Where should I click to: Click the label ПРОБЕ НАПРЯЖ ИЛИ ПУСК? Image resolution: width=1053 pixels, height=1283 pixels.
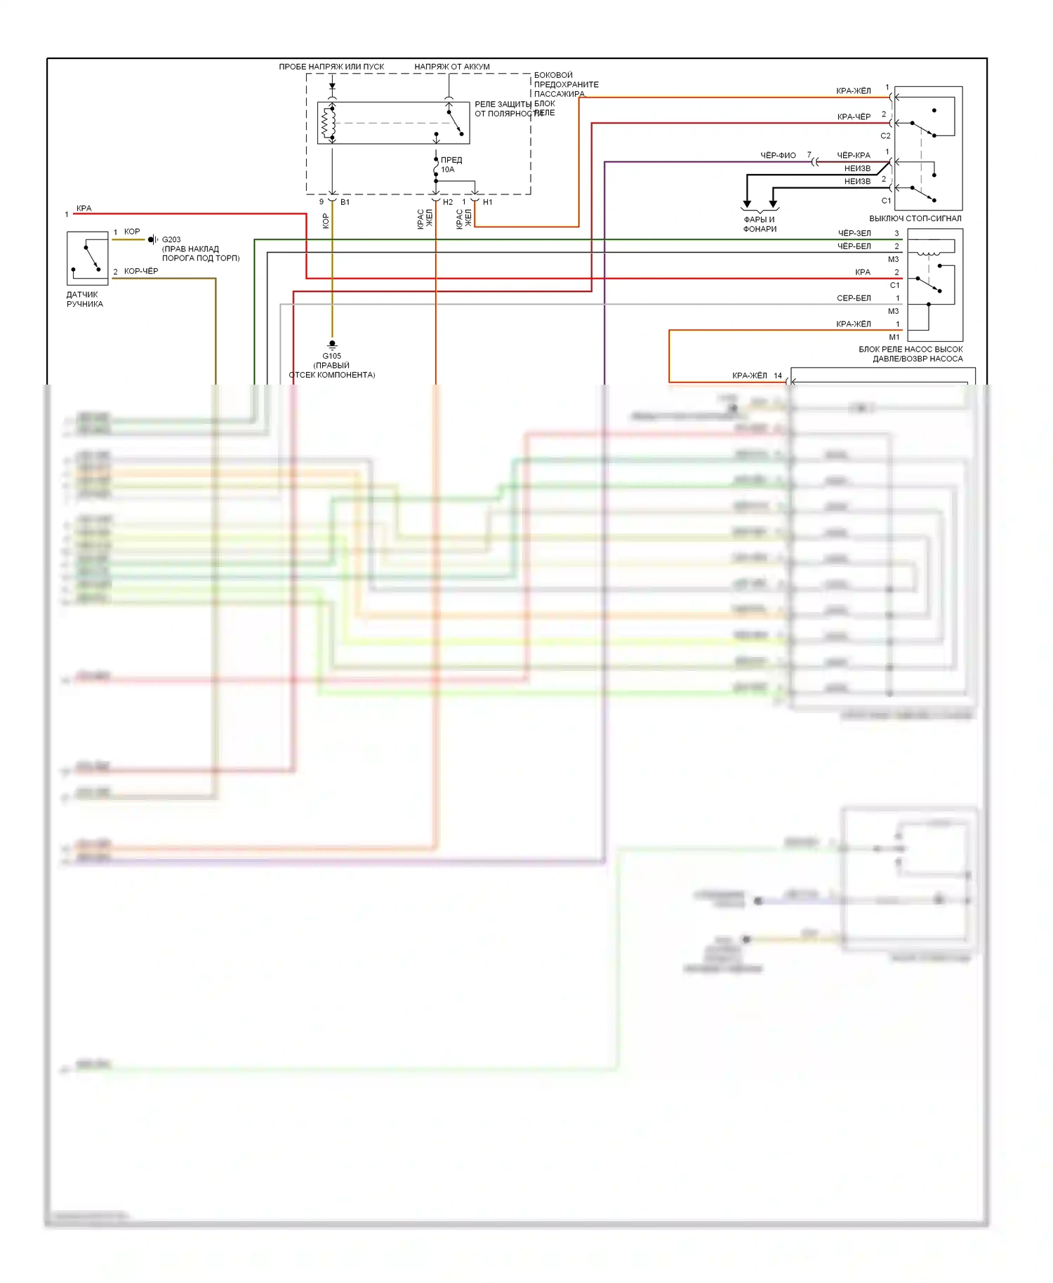331,67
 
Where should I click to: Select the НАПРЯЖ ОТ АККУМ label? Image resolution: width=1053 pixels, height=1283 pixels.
452,67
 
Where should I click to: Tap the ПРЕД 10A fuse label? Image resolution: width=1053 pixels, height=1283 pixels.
451,164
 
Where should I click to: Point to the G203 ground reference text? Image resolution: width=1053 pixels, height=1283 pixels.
171,239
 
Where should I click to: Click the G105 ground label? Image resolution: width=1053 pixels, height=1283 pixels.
332,356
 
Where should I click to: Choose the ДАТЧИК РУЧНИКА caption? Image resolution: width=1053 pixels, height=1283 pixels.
84,299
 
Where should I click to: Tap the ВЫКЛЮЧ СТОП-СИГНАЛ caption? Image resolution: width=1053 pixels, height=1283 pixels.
915,218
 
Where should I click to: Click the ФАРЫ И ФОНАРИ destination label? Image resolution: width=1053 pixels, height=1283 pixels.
760,224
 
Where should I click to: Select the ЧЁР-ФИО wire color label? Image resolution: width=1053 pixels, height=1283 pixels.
778,155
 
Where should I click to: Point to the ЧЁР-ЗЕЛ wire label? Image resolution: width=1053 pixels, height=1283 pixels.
854,233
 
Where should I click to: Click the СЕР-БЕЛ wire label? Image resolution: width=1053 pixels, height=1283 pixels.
854,298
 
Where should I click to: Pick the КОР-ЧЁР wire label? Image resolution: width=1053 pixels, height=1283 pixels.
141,271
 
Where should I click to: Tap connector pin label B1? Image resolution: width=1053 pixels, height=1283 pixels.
345,202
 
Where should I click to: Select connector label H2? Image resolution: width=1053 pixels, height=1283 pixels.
448,202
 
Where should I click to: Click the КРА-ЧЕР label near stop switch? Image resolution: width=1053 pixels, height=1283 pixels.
854,117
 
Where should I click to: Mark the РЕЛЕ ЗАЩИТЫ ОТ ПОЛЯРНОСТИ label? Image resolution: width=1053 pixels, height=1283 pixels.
503,109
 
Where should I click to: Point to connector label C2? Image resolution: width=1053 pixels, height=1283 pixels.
885,136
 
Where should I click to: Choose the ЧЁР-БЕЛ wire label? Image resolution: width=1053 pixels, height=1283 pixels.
854,246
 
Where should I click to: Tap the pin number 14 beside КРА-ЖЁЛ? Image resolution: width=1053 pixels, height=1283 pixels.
778,375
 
